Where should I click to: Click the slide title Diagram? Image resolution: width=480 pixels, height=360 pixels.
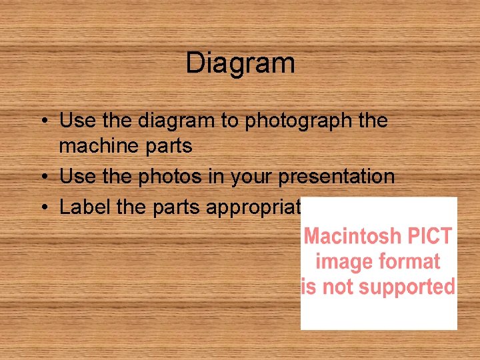point(240,63)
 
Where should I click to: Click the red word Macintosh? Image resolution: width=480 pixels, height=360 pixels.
point(353,236)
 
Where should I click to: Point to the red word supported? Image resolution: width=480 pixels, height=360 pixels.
point(413,287)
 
